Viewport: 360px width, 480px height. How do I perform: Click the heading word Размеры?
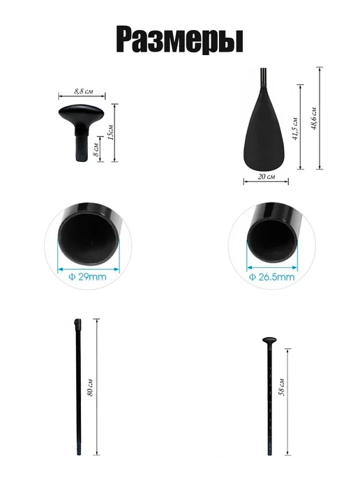pos(180,40)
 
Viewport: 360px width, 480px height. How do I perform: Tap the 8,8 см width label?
pos(84,91)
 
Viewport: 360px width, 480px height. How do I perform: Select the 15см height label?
pos(111,133)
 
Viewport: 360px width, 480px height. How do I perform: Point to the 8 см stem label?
pos(96,150)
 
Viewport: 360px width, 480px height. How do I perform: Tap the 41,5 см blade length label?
pos(295,128)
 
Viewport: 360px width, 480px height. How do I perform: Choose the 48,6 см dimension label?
pos(314,119)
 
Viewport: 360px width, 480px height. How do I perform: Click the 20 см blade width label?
pos(267,177)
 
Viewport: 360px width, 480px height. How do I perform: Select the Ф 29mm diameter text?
pos(87,277)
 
